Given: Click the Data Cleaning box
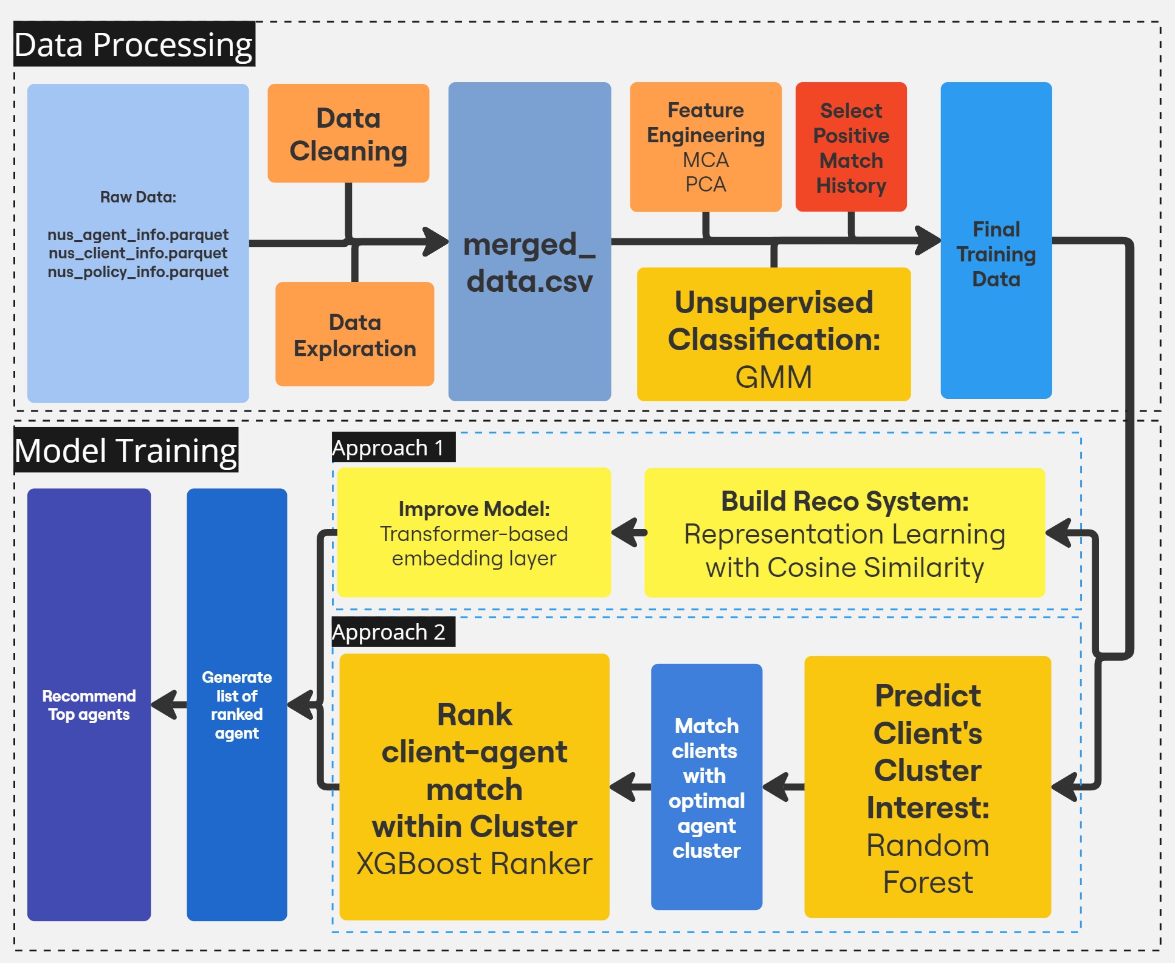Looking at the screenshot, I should point(348,133).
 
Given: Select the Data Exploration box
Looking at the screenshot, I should point(354,334).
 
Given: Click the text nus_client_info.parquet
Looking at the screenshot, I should point(138,253).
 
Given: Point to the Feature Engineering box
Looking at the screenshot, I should point(705,147).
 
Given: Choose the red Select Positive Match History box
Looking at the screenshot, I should point(850,147).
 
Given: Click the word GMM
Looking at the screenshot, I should point(773,377).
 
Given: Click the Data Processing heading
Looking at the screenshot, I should point(134,44).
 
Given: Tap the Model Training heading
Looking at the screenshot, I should point(126,450).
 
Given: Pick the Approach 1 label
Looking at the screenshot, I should point(389,448).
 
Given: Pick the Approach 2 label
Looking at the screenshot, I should point(389,632).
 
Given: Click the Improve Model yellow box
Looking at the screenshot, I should point(474,533).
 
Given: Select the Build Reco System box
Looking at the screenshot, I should point(844,533).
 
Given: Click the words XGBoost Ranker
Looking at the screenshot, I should point(474,864).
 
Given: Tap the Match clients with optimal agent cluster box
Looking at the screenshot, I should point(706,787).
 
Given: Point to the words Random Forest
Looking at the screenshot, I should point(928,864).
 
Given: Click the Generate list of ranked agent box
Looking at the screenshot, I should point(236,705).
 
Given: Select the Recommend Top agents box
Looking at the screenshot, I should point(89,705).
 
